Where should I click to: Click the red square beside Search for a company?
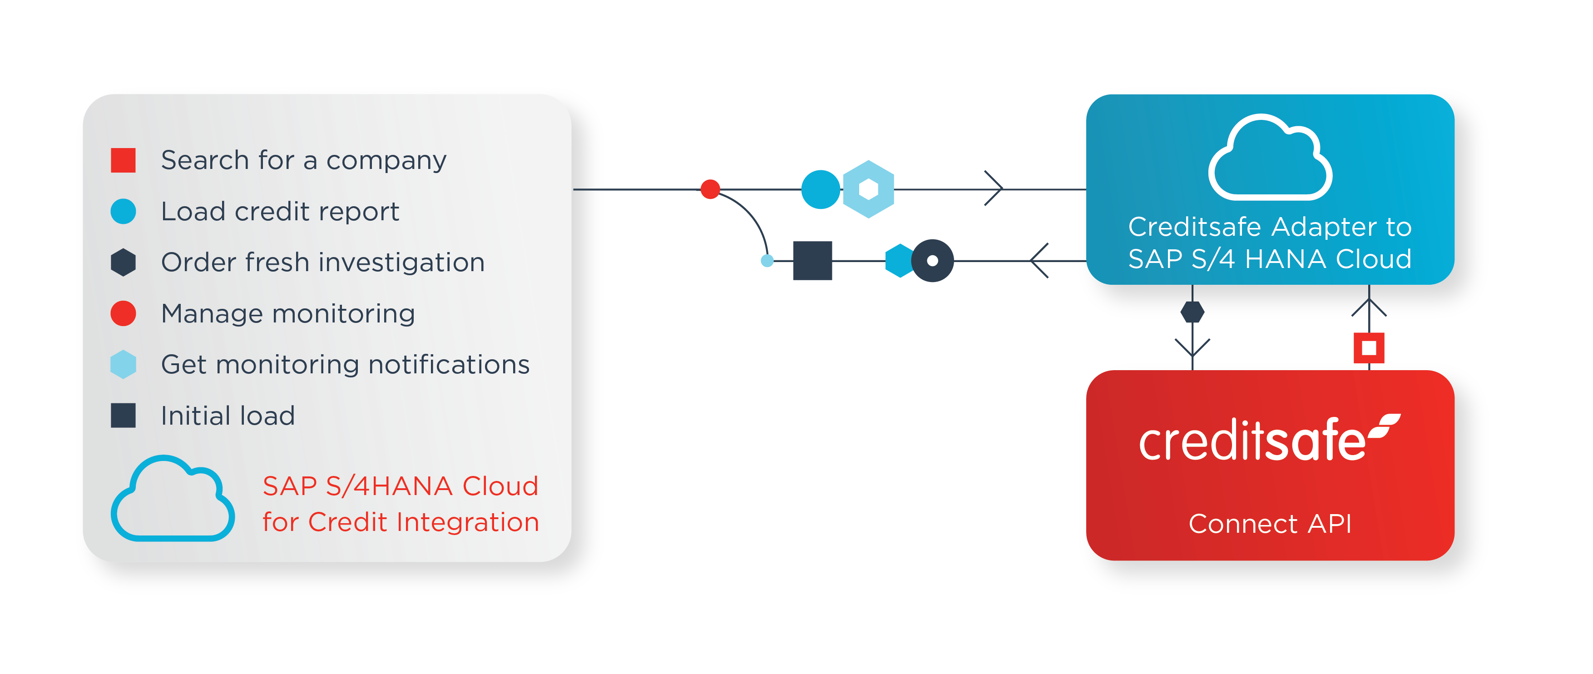pos(123,160)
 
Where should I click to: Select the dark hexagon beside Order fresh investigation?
pos(123,262)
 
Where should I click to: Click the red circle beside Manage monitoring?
pos(123,313)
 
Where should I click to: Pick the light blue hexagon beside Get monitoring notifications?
pos(123,364)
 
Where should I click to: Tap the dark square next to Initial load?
pos(123,416)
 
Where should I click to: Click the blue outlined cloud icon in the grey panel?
pos(173,500)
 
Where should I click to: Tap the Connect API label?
pos(1270,524)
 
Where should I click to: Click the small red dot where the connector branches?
pos(711,189)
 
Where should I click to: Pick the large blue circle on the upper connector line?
pos(821,189)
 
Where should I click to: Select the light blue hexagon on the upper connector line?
pos(868,189)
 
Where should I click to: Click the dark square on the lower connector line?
pos(812,260)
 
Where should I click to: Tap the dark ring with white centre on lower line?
pos(933,260)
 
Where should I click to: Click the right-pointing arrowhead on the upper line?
pos(994,188)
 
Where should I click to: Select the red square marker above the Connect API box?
pos(1369,347)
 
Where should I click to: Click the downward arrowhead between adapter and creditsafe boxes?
pos(1192,347)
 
